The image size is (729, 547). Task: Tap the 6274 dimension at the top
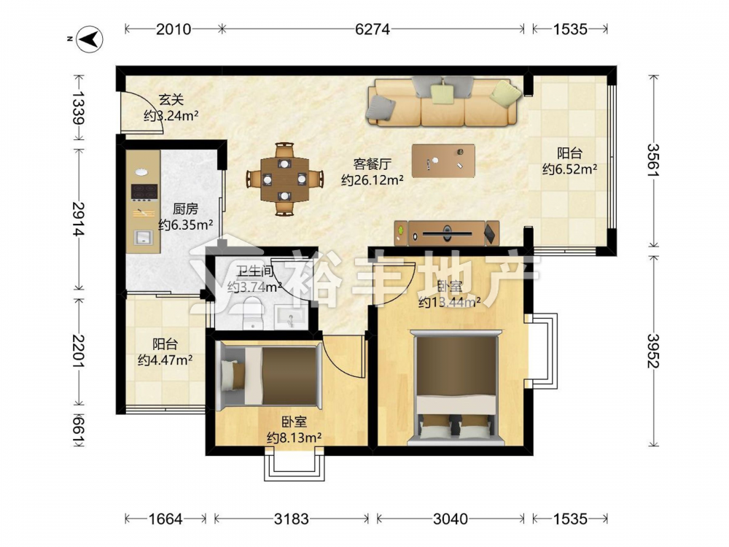click(x=372, y=29)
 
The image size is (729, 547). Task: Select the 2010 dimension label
click(x=174, y=29)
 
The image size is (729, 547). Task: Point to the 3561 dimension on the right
click(x=653, y=160)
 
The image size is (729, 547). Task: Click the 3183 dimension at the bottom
click(x=291, y=519)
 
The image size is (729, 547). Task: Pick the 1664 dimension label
click(x=165, y=519)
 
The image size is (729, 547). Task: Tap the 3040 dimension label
click(x=450, y=519)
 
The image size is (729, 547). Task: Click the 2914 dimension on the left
click(x=78, y=219)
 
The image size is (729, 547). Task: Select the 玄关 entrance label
click(x=171, y=99)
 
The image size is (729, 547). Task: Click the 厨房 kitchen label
click(x=185, y=209)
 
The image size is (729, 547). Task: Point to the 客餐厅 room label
click(x=373, y=163)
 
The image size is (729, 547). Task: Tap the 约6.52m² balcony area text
click(x=569, y=169)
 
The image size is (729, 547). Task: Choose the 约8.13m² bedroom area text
click(x=295, y=438)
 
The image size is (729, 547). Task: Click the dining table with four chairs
click(x=284, y=179)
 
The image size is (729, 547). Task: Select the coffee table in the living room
click(x=443, y=161)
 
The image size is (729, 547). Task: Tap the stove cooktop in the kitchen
click(x=144, y=191)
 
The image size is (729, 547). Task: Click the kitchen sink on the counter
click(x=144, y=237)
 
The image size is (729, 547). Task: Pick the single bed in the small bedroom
click(x=270, y=376)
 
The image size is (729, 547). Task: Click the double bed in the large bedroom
click(x=456, y=387)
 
